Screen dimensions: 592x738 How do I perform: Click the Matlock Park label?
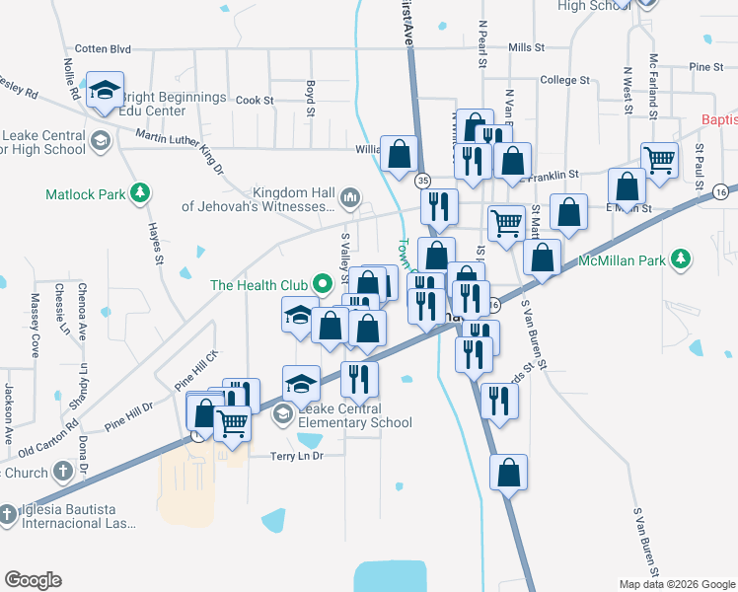pos(86,194)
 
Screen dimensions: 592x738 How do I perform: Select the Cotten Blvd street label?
pos(104,47)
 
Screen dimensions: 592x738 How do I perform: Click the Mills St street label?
pos(527,47)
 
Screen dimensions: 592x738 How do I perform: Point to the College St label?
pos(564,80)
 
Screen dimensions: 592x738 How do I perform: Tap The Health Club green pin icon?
pos(322,285)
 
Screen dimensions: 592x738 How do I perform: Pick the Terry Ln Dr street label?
pos(297,456)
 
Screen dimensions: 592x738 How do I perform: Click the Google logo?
pos(33,580)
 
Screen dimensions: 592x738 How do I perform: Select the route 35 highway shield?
pos(422,181)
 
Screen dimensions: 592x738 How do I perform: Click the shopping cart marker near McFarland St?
pos(659,158)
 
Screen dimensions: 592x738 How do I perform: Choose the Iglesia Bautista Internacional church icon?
pos(8,513)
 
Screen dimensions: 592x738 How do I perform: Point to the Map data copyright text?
pos(676,584)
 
